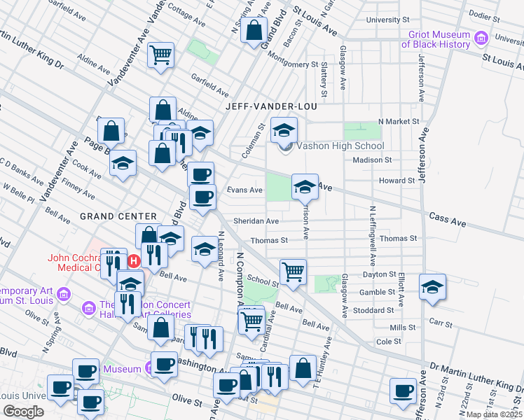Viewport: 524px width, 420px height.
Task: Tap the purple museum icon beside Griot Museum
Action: pos(481,38)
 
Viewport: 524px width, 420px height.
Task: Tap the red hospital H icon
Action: pos(135,262)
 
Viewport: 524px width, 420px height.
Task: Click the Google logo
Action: pos(24,412)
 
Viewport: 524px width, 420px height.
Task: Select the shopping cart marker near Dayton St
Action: pos(293,272)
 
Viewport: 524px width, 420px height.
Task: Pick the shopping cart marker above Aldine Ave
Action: pos(161,55)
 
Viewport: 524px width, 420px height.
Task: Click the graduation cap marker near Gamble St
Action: pos(432,287)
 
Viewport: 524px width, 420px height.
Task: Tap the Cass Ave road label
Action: pos(448,221)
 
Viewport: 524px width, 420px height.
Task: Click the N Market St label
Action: pos(398,121)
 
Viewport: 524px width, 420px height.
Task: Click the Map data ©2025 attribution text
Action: pos(495,414)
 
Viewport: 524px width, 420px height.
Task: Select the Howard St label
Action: pos(397,181)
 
